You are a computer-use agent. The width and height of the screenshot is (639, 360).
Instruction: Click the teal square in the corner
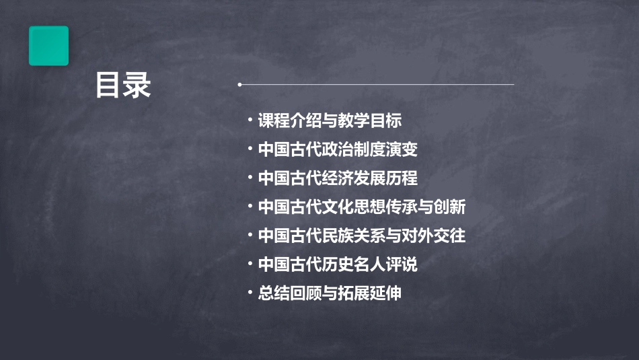48,46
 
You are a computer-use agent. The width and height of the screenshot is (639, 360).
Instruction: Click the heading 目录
123,85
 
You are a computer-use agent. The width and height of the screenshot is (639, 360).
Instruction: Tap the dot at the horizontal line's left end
239,85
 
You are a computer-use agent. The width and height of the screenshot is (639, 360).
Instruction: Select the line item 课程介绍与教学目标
330,120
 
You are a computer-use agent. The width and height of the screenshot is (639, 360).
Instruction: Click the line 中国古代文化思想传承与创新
362,207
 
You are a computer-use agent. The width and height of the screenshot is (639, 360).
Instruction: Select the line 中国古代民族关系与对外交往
362,236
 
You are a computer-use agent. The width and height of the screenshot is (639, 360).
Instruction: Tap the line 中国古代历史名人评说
338,264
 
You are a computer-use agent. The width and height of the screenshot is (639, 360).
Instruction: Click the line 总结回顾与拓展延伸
330,293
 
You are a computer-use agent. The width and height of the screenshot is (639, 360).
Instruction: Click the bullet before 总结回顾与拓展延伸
250,293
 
